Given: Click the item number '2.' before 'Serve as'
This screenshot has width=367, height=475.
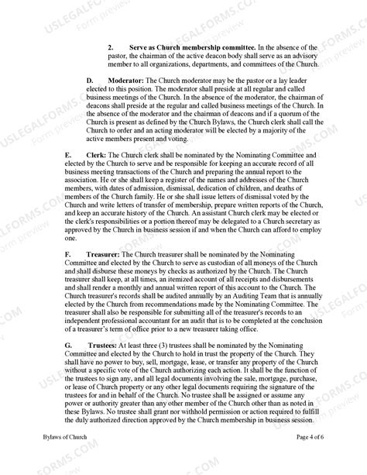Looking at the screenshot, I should click(112, 47).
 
